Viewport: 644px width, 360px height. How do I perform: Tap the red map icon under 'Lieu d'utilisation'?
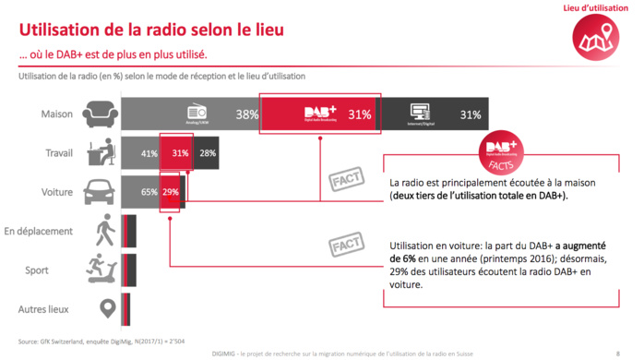(591, 38)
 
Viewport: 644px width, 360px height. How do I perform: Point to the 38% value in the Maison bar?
(245, 115)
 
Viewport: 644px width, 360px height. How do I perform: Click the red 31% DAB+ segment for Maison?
(319, 114)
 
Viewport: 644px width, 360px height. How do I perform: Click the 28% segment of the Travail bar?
(207, 153)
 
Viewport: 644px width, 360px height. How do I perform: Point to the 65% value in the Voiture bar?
(149, 192)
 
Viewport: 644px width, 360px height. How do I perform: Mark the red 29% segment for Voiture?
(171, 192)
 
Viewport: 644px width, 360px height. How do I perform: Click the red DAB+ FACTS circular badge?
(502, 151)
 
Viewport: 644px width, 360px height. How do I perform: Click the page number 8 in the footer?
(617, 352)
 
